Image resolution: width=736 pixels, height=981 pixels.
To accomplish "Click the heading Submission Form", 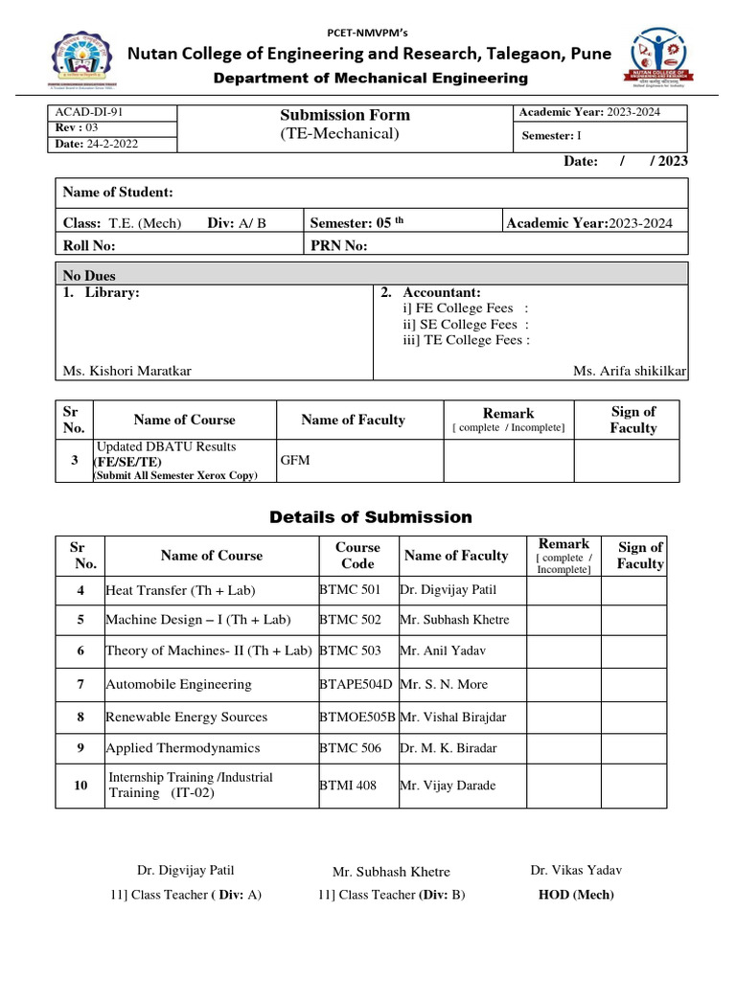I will pyautogui.click(x=344, y=115).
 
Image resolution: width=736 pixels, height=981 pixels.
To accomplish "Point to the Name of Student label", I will pyautogui.click(x=118, y=193).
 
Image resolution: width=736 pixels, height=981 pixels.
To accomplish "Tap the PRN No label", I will pyautogui.click(x=339, y=245).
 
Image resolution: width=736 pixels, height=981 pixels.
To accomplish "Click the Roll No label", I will pyautogui.click(x=89, y=245).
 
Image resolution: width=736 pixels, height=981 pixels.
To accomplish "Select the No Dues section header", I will pyautogui.click(x=89, y=276).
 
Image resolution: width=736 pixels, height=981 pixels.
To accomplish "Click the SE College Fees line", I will pyautogui.click(x=466, y=325).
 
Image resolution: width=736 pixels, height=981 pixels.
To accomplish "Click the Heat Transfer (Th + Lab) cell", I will pyautogui.click(x=181, y=590).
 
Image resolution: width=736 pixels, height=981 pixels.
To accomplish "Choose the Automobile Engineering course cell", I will pyautogui.click(x=178, y=684).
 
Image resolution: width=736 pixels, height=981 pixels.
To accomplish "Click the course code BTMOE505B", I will pyautogui.click(x=356, y=717).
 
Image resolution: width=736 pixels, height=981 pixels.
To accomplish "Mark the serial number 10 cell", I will pyautogui.click(x=80, y=786).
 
